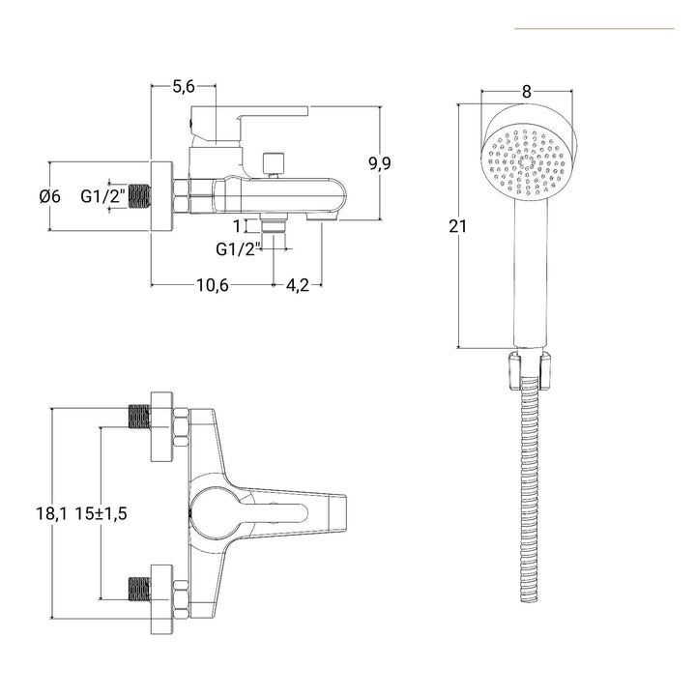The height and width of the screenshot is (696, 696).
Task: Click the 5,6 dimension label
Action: [184, 87]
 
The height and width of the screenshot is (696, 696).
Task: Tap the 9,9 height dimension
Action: [379, 163]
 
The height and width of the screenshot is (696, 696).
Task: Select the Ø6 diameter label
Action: [50, 196]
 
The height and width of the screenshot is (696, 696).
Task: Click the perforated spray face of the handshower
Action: [526, 163]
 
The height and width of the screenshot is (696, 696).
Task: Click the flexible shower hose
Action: [528, 483]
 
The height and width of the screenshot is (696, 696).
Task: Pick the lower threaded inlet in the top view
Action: [141, 589]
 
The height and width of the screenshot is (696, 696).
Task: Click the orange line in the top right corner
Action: [594, 29]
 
